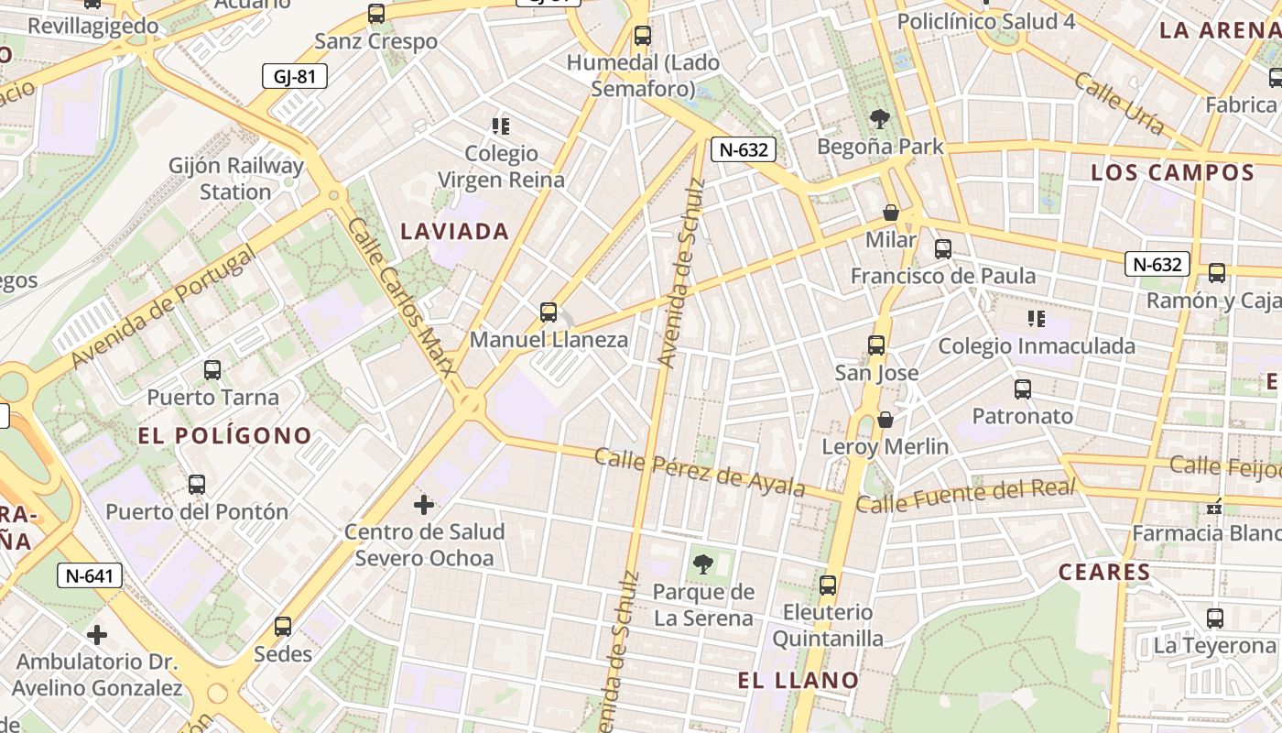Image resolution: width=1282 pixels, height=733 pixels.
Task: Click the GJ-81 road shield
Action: coord(294,76)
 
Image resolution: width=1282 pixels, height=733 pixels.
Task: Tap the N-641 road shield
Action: coord(89,575)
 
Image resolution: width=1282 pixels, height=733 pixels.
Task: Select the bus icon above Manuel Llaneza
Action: coord(549,312)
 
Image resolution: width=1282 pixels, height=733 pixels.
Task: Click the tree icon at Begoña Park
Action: coord(880,118)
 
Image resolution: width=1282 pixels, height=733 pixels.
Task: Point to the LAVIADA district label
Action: coord(454,231)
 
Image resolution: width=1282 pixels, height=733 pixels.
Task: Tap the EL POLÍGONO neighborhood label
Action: coord(225,435)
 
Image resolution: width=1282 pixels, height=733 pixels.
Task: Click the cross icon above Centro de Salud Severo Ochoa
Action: coord(424,505)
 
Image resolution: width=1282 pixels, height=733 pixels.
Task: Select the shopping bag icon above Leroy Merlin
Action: coord(885,420)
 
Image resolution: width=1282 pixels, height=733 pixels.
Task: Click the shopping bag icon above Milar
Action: coord(891,213)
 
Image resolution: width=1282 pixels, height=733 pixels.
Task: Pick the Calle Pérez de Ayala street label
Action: coord(700,472)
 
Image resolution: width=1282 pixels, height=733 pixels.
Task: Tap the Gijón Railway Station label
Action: coord(235,179)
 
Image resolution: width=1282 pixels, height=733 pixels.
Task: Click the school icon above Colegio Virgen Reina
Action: coord(500,126)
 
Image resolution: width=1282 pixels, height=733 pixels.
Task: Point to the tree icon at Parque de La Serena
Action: coord(703,564)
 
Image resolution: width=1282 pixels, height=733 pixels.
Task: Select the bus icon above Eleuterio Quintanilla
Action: coord(828,585)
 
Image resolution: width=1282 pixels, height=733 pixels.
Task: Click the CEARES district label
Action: coord(1104,573)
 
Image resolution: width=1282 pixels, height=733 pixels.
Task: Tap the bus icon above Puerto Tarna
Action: coord(212,370)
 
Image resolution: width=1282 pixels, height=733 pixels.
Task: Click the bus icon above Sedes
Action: coord(283,627)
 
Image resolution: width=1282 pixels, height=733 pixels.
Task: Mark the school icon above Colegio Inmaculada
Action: coord(1036,319)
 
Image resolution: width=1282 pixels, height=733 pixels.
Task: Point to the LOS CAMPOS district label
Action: coord(1172,172)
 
